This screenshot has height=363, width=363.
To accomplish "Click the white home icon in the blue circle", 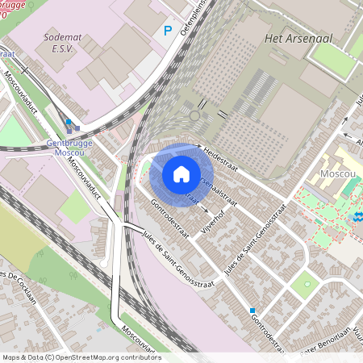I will pos(181,174).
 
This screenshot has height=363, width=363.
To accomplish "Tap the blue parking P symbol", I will pos(169,31).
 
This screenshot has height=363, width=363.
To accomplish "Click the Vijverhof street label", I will pos(213,218).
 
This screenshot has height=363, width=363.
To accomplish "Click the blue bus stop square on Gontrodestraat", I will pos(252,310).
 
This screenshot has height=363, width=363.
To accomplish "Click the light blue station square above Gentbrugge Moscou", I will pos(69,123).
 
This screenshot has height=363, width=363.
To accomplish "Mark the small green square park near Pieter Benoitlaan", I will pos(305,284).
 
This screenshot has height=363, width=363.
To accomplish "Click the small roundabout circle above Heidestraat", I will pos(194,116).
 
